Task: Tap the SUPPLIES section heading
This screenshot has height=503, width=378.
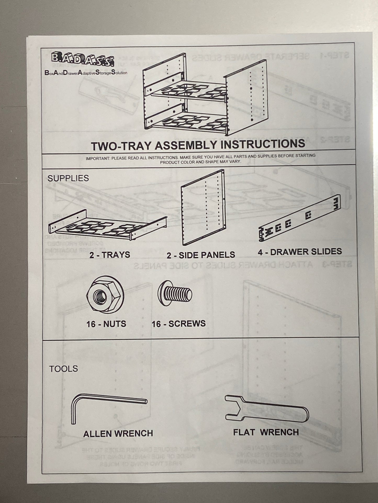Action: click(x=68, y=178)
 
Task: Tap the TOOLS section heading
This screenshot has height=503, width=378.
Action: click(x=64, y=369)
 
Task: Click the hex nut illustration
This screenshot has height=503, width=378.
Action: click(x=105, y=295)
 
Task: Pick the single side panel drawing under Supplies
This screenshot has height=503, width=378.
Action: click(x=203, y=208)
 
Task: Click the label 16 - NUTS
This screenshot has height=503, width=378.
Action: click(x=106, y=324)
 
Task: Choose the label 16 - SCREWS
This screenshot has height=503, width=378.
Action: click(x=179, y=324)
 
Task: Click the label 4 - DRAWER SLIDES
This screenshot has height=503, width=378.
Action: click(x=300, y=252)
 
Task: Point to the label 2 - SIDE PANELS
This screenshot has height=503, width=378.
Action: click(x=201, y=255)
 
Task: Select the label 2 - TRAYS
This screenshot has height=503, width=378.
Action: click(x=110, y=255)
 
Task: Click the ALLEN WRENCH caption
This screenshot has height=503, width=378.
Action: click(x=118, y=434)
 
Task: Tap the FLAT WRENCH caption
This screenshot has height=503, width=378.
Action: click(x=266, y=432)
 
